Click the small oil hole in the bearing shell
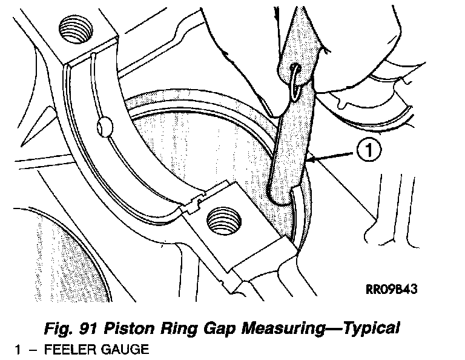[104, 127]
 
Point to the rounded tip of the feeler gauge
[279, 195]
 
